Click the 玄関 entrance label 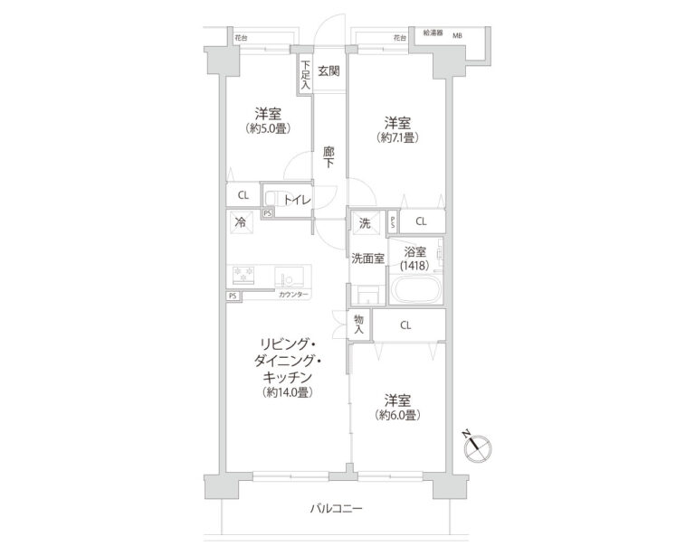pyautogui.click(x=329, y=71)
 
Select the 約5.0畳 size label pyautogui.click(x=266, y=129)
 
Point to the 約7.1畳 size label pyautogui.click(x=397, y=137)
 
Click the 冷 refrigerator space pyautogui.click(x=241, y=222)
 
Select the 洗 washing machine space pyautogui.click(x=365, y=222)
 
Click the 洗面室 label pyautogui.click(x=367, y=258)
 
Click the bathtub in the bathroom pyautogui.click(x=416, y=292)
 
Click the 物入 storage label pyautogui.click(x=359, y=324)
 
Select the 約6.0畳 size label pyautogui.click(x=397, y=414)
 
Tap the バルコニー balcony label pyautogui.click(x=337, y=509)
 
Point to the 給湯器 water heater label pyautogui.click(x=433, y=33)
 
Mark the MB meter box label pyautogui.click(x=458, y=35)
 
